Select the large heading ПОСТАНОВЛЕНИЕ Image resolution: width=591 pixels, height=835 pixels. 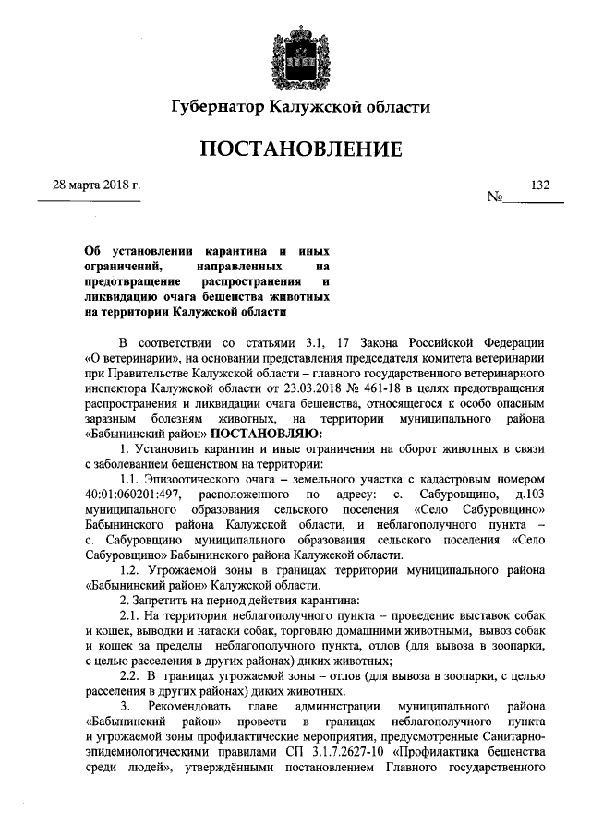point(295,149)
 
